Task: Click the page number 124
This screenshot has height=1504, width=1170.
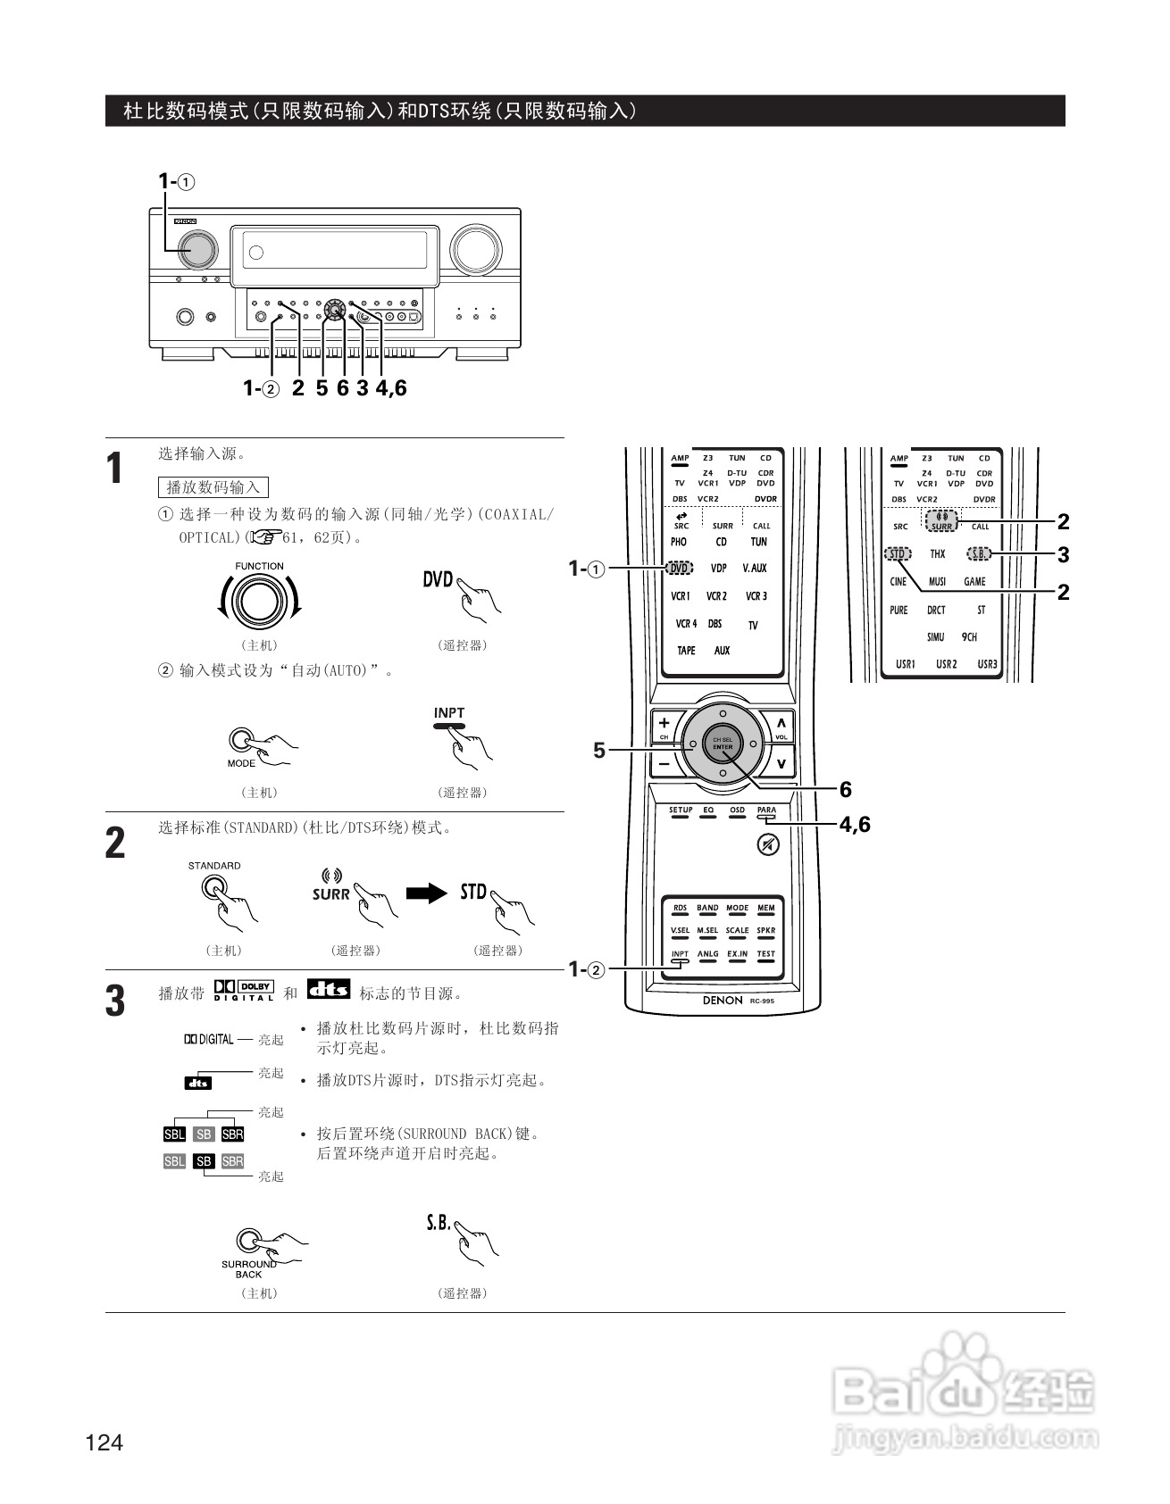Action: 104,1442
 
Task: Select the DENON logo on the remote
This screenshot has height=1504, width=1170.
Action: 722,1001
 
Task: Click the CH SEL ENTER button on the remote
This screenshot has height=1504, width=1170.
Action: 722,744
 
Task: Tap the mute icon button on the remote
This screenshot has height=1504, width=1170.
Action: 766,844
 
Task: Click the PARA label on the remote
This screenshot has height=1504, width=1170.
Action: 766,811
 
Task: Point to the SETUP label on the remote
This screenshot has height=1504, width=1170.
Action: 681,811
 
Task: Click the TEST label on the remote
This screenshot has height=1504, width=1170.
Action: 765,954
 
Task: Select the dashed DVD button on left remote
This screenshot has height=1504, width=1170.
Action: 679,568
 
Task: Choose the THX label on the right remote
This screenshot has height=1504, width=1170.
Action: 937,554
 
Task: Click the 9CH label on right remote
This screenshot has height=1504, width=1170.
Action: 969,637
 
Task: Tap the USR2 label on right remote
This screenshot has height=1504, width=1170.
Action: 946,664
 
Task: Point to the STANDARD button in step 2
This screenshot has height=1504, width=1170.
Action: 214,887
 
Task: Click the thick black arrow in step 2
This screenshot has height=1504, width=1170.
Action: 426,893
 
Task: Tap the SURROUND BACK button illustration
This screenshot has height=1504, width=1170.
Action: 248,1240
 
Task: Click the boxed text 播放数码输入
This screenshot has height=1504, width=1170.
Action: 213,487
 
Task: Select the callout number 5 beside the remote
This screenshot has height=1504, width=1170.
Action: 599,751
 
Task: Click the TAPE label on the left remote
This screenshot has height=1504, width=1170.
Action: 686,651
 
